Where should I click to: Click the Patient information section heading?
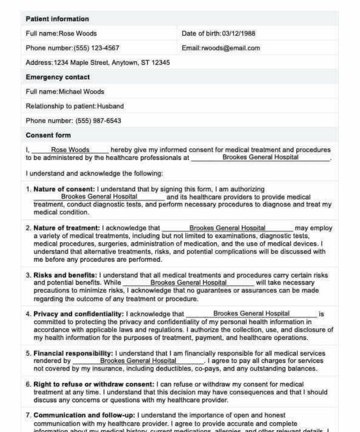tap(57, 19)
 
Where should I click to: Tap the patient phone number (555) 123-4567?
tap(96, 48)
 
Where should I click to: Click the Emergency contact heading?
tap(58, 77)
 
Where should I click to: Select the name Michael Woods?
tap(81, 92)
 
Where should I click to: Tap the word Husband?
tap(110, 106)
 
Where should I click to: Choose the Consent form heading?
tap(48, 135)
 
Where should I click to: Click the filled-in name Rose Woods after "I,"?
tap(70, 150)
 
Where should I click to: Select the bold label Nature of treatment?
tap(66, 228)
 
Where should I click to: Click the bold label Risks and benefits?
tap(65, 276)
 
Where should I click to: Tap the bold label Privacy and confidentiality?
tap(78, 314)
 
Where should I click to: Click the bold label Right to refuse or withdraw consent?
tap(94, 384)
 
